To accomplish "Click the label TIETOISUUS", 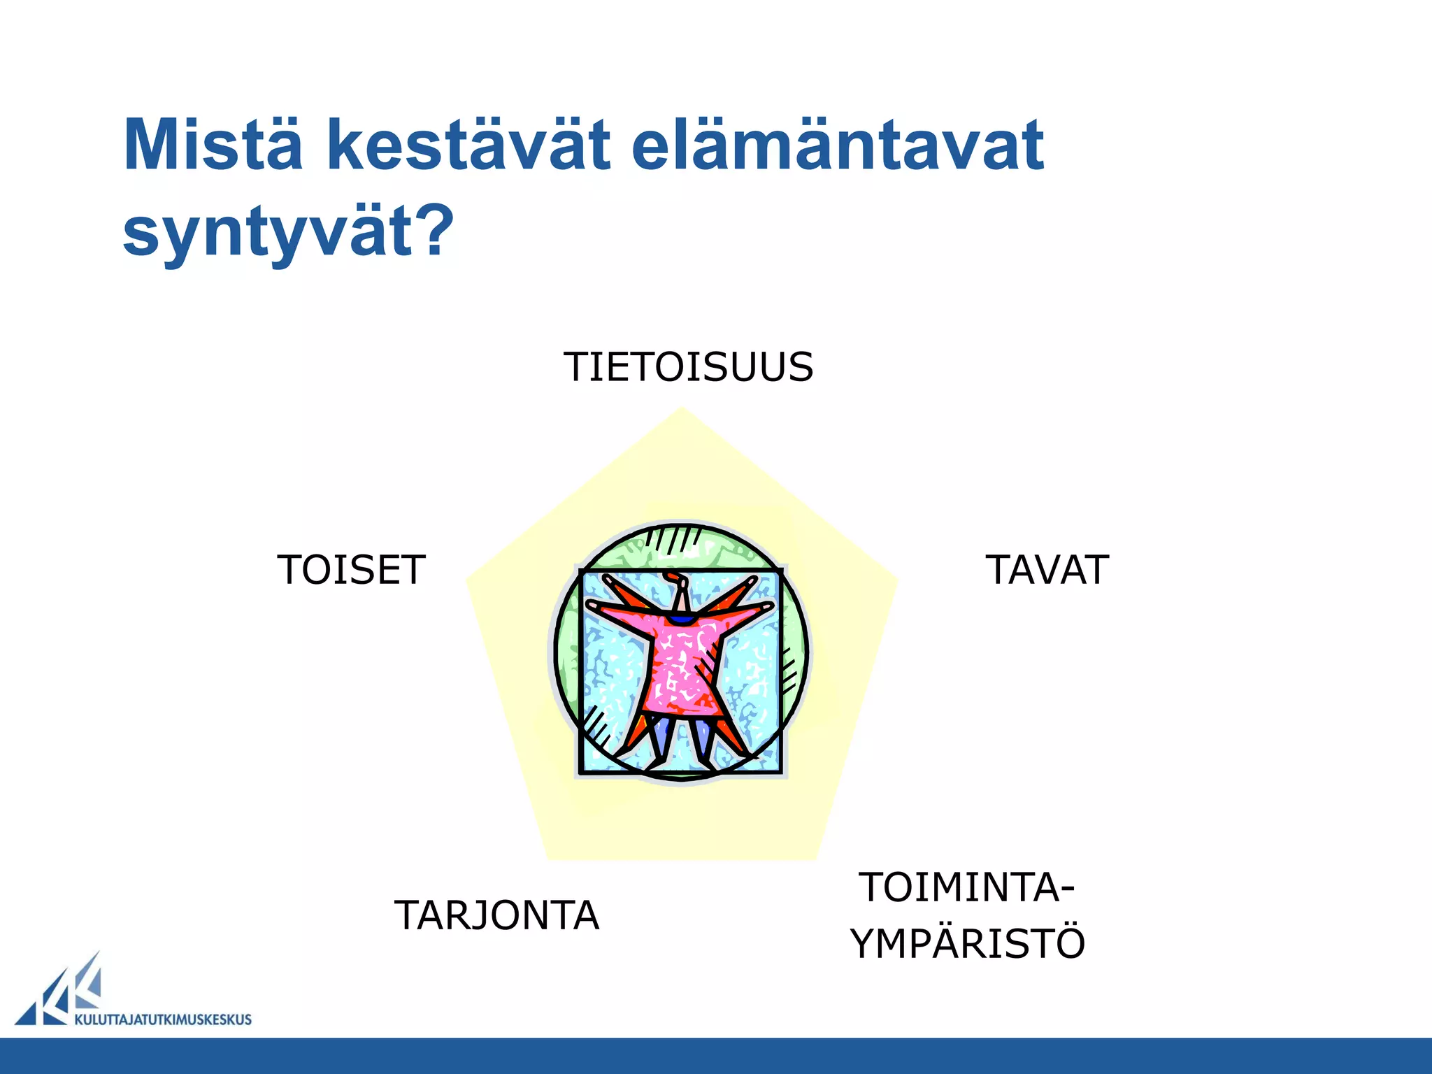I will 688,367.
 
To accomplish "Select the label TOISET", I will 351,570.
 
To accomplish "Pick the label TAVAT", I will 1047,570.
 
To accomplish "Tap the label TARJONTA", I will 496,915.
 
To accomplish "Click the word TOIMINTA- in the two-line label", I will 967,888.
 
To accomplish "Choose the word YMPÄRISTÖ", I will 967,943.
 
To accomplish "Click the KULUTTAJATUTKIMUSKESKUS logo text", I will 162,1019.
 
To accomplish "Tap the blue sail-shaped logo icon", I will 63,993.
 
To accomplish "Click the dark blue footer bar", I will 716,1056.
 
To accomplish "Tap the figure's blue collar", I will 681,620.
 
